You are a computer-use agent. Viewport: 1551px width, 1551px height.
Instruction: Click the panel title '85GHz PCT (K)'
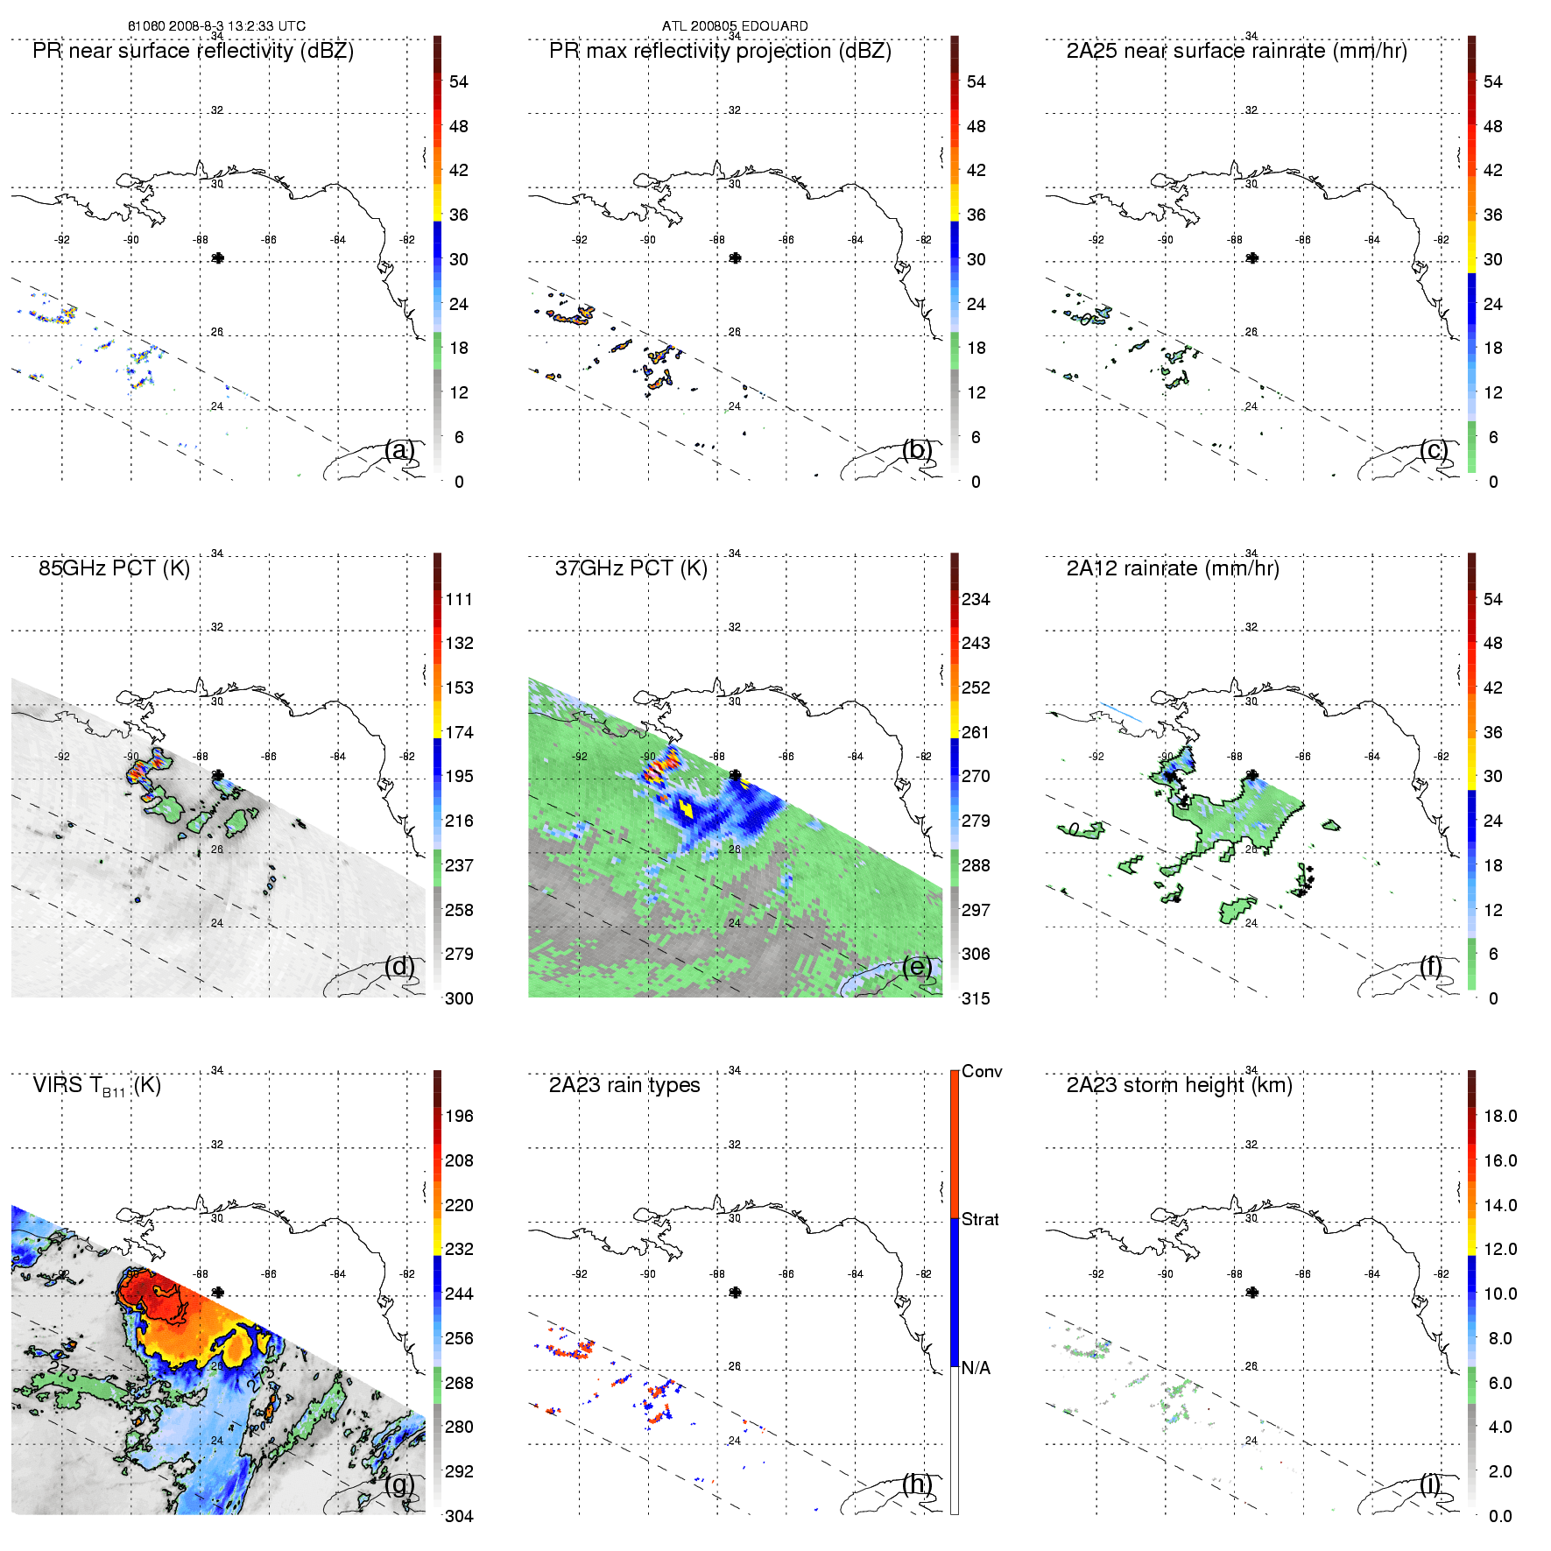(114, 568)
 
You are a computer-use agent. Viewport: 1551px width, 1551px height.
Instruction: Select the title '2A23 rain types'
(624, 1085)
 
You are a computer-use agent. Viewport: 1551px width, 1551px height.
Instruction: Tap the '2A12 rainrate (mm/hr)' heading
(1172, 568)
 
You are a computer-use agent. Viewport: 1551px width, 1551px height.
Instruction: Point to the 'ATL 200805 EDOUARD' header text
(734, 26)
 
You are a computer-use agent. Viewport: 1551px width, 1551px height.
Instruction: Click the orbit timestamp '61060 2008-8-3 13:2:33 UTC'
(216, 26)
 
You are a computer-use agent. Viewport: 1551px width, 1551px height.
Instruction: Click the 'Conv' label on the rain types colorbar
(981, 1071)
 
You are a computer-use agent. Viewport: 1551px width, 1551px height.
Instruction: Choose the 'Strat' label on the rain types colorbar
(979, 1219)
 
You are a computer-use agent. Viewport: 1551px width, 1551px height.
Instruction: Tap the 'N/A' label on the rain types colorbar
(976, 1368)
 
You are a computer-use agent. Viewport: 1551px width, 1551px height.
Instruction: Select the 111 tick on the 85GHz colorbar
(458, 599)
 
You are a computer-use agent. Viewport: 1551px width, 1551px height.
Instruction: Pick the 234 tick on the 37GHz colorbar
(975, 599)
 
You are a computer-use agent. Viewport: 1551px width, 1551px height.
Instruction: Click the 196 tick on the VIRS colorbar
(458, 1116)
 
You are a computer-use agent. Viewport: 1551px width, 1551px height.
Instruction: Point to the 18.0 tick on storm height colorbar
(1499, 1116)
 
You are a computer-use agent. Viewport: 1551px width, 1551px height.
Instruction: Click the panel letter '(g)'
(399, 1484)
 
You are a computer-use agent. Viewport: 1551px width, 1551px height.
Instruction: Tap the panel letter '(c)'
(1434, 449)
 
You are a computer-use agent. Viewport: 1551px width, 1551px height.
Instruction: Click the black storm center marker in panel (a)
(218, 257)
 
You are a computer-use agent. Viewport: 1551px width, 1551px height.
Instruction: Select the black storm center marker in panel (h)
(735, 1292)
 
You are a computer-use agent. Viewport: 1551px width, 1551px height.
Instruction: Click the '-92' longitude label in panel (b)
(579, 240)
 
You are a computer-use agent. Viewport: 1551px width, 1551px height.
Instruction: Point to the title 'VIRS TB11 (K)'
(96, 1086)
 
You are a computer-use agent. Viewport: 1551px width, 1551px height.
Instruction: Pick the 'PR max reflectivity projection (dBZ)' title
(719, 51)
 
